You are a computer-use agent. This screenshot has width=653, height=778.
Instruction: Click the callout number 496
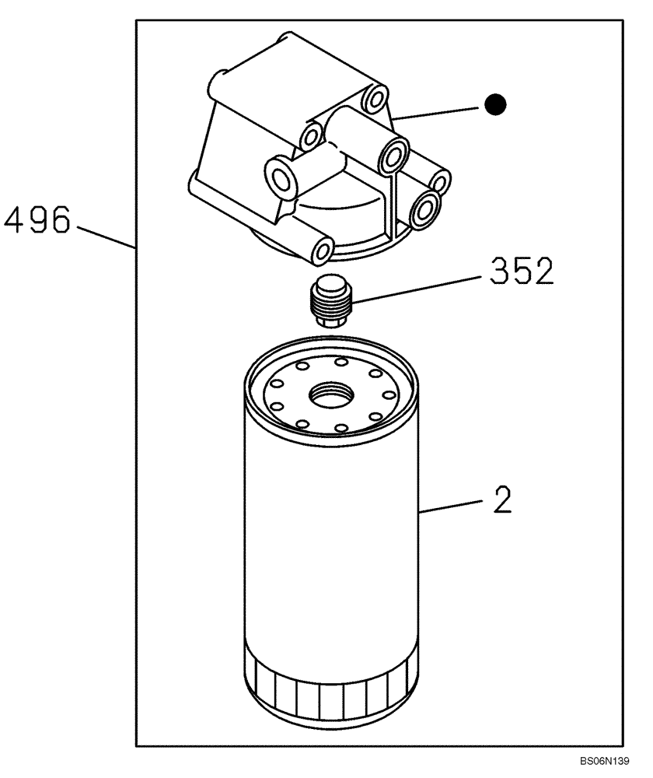(37, 219)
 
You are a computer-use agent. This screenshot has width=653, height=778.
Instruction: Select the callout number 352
(521, 272)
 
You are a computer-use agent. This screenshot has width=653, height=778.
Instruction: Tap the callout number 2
(502, 501)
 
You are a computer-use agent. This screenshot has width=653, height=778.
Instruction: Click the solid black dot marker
(494, 103)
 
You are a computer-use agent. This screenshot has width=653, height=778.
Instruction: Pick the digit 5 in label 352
(521, 272)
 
